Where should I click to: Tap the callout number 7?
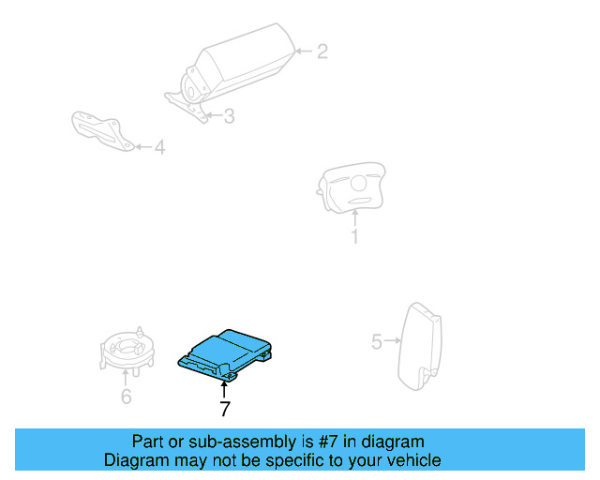click(x=224, y=409)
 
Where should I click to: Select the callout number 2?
click(x=322, y=52)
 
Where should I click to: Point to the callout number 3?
click(x=228, y=116)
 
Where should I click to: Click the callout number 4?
click(x=159, y=147)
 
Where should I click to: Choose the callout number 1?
click(x=354, y=236)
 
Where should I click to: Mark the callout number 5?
click(x=377, y=342)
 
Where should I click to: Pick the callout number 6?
click(x=126, y=397)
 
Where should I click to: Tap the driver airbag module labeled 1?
click(x=352, y=187)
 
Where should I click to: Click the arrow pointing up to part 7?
click(x=224, y=388)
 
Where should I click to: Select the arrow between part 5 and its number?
click(x=393, y=342)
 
